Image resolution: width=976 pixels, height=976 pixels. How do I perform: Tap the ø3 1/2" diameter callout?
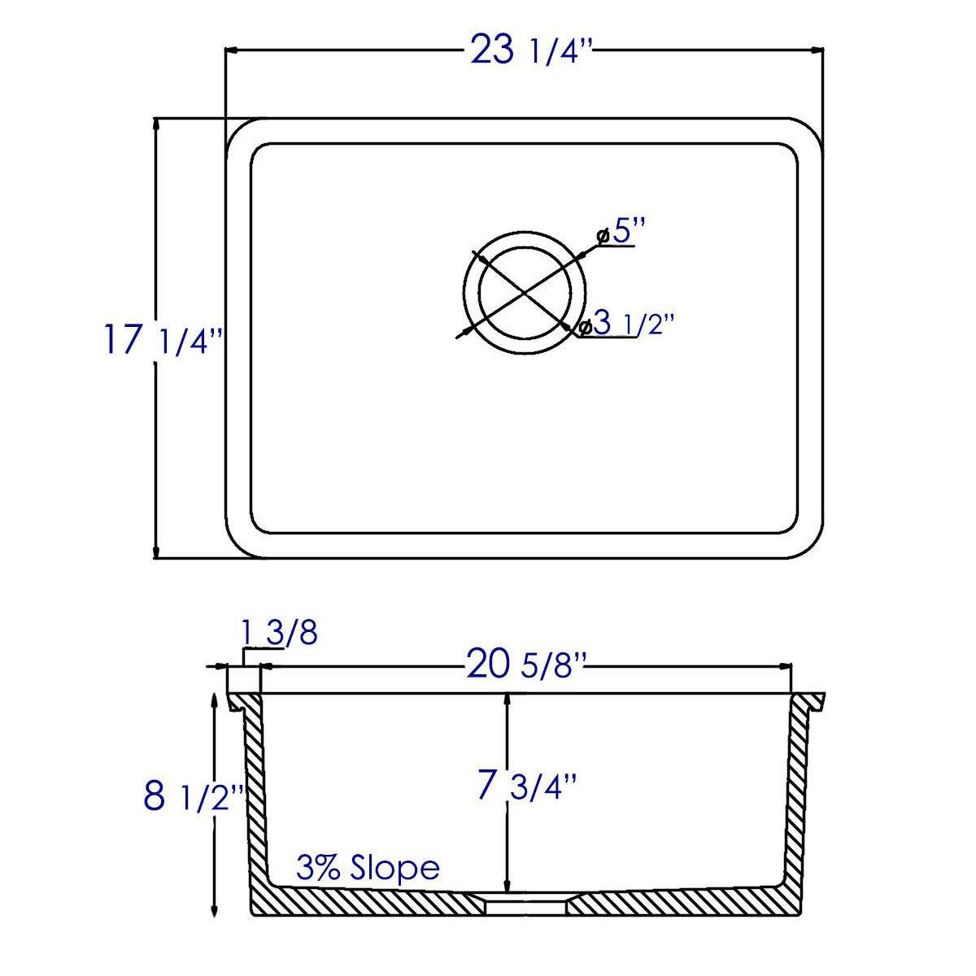pos(626,325)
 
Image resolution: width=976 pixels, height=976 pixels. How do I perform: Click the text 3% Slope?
pos(368,869)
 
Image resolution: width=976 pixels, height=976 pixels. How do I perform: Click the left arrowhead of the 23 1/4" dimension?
pos(231,51)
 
